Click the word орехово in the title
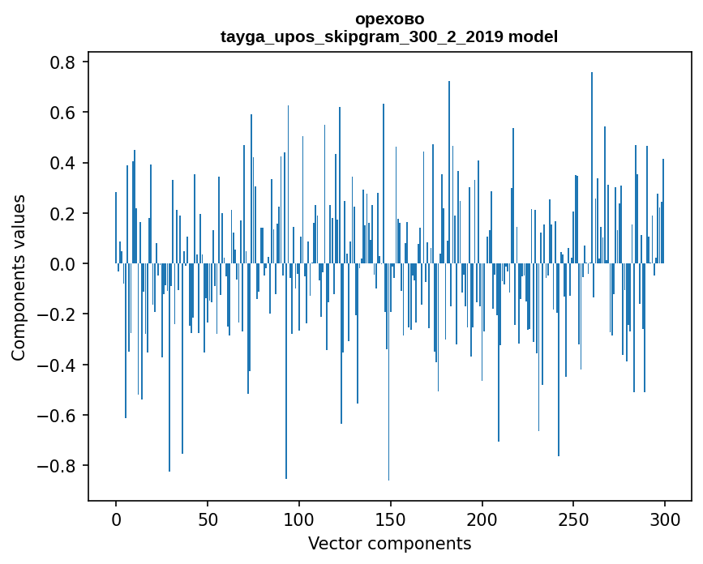[389, 19]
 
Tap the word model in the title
[533, 36]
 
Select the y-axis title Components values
[19, 277]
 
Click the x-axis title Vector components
[389, 543]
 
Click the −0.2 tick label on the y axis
[57, 314]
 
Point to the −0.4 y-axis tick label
[57, 365]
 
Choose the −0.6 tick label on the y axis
[57, 416]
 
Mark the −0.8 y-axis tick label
[57, 466]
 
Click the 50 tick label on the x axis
[208, 519]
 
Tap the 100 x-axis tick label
[299, 519]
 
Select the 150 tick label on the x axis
[391, 519]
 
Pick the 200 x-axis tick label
[482, 519]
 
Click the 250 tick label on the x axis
[574, 519]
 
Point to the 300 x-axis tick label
[666, 519]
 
